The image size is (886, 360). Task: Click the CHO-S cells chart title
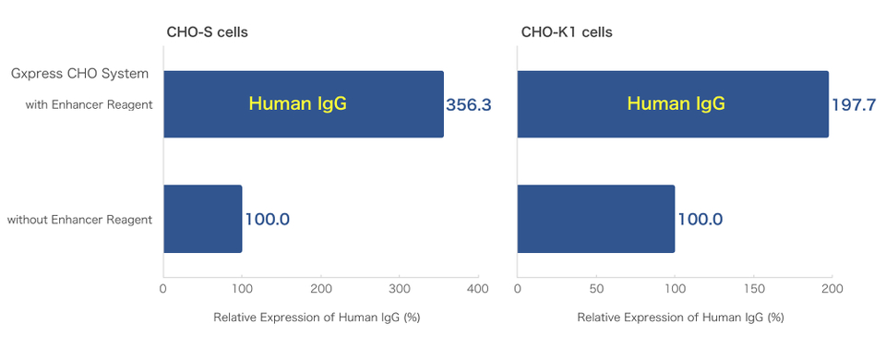click(x=207, y=32)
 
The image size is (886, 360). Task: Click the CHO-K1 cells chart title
click(x=567, y=32)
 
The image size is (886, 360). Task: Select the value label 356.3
click(x=468, y=105)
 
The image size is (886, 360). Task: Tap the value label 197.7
click(x=854, y=105)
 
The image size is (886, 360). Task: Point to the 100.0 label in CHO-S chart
click(x=268, y=220)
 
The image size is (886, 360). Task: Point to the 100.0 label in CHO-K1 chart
click(x=700, y=220)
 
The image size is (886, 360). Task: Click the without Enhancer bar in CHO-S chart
click(x=203, y=219)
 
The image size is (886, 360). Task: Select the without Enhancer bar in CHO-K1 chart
click(x=596, y=219)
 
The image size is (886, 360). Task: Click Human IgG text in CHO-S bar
click(x=297, y=104)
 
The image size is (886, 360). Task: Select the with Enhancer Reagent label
click(x=89, y=104)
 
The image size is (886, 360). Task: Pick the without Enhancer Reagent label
click(x=79, y=220)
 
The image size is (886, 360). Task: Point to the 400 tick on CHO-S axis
click(x=478, y=289)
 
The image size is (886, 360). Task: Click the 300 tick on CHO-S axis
click(x=399, y=289)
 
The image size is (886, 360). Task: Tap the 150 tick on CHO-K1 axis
click(x=753, y=289)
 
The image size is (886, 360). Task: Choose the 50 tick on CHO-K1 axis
click(x=596, y=289)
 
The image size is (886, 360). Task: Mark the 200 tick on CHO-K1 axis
click(x=832, y=289)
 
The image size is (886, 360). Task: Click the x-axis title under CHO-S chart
click(x=317, y=317)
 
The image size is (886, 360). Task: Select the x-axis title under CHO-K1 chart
click(x=680, y=317)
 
